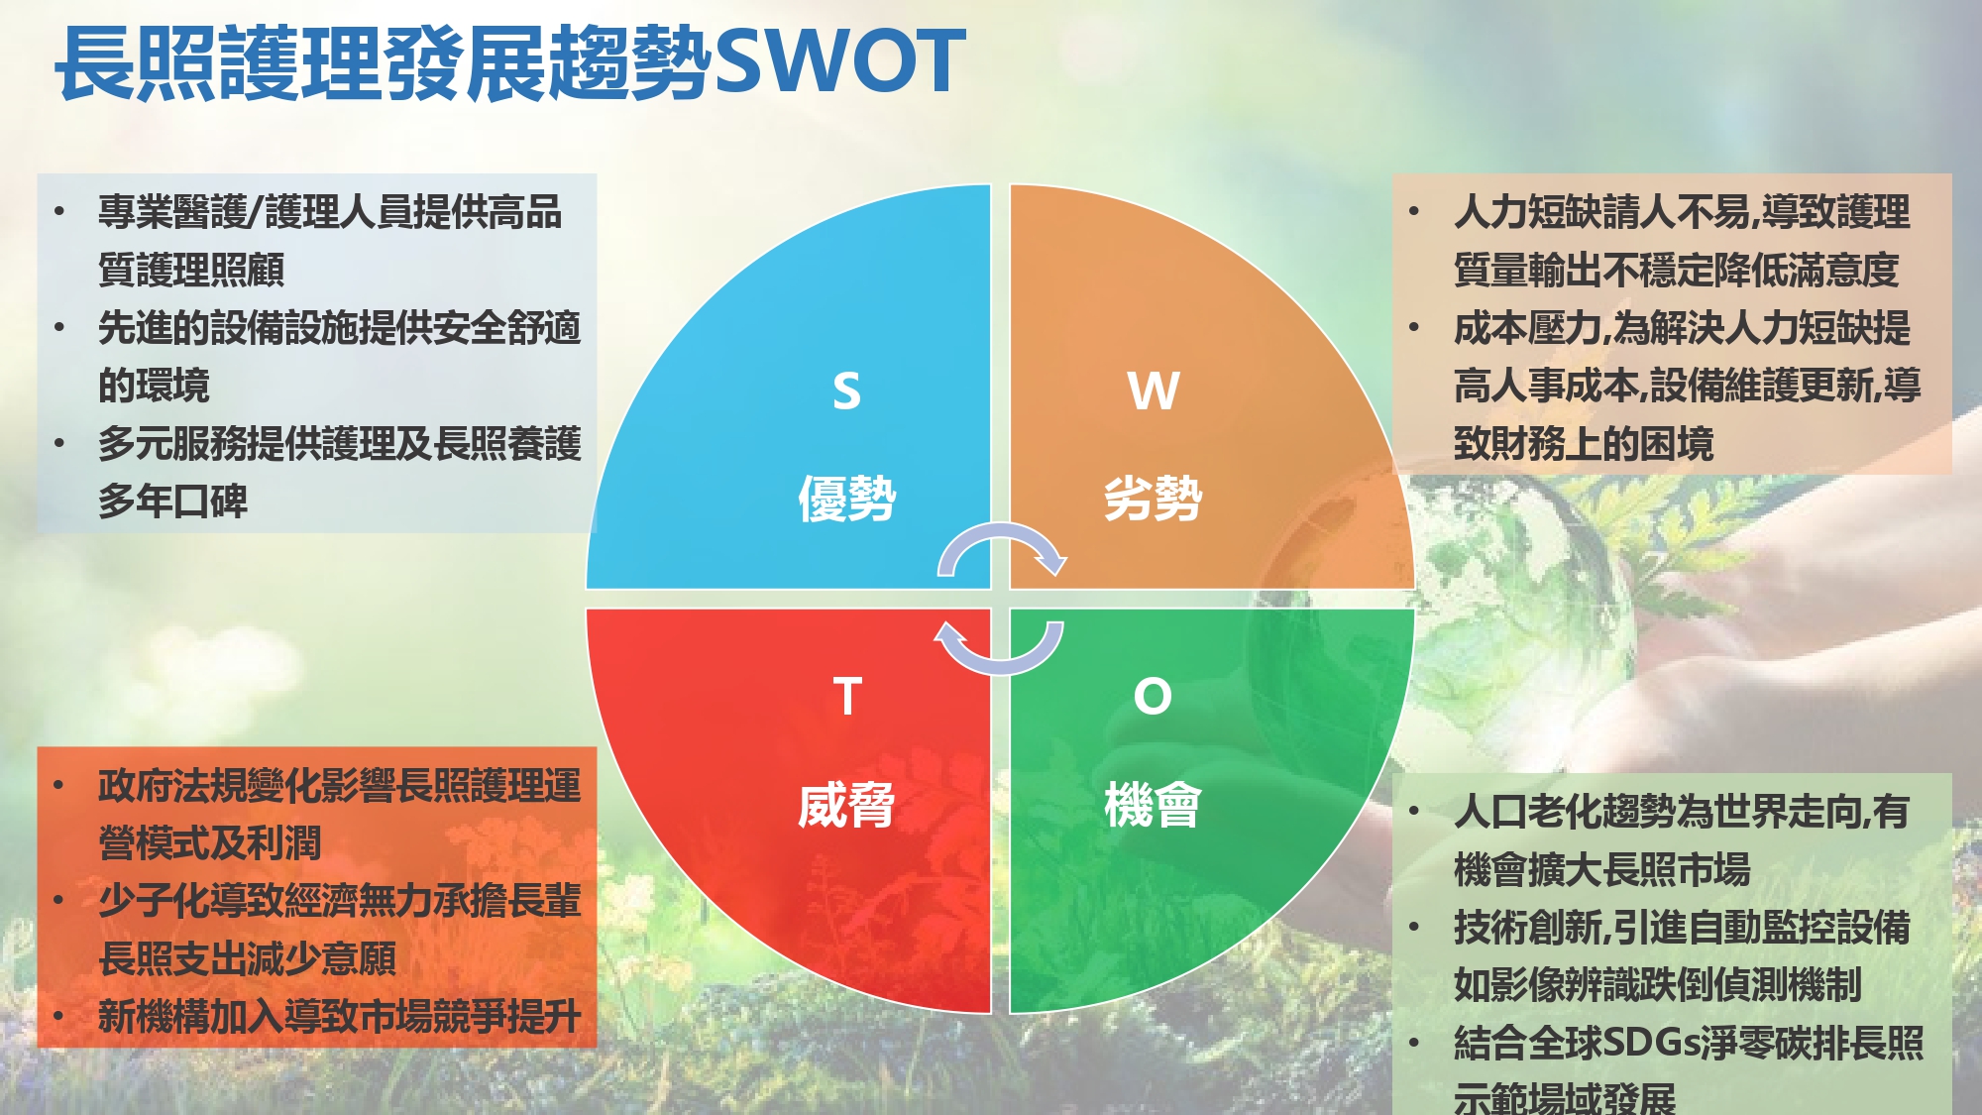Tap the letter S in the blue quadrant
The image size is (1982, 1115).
click(846, 390)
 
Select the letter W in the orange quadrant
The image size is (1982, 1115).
click(1154, 390)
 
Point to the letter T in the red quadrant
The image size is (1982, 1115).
click(847, 696)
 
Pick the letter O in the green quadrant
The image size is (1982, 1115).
click(1153, 696)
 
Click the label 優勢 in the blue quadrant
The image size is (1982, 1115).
click(847, 498)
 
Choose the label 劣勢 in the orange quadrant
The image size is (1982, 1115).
click(1154, 498)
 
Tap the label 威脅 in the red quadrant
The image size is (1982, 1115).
click(847, 804)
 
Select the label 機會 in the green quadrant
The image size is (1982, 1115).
click(1154, 804)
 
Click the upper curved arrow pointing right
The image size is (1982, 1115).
click(1001, 528)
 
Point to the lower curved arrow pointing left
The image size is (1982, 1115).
click(1001, 668)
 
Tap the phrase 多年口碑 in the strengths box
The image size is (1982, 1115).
click(172, 501)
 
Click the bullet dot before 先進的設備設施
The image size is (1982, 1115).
click(60, 327)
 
